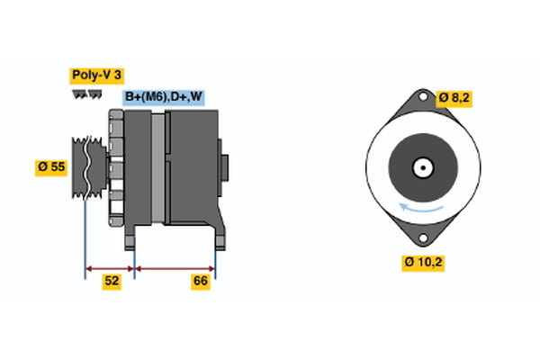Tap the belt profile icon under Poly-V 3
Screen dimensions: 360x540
[x=83, y=94]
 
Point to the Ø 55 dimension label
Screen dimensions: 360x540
[x=53, y=166]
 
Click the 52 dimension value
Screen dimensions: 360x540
[x=111, y=282]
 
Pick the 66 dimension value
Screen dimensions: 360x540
[x=202, y=282]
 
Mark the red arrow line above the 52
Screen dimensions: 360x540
[x=110, y=267]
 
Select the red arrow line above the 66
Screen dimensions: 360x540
[x=175, y=267]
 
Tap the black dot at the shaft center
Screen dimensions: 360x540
[x=420, y=167]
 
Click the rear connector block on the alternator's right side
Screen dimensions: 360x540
[x=224, y=168]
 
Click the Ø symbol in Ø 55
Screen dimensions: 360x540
[x=42, y=166]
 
